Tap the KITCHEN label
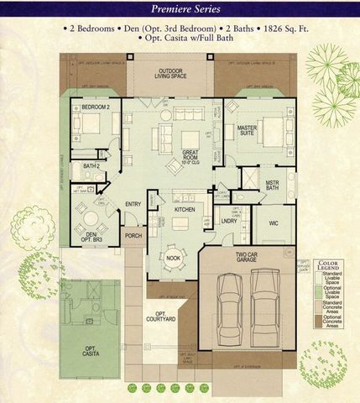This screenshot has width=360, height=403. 185,210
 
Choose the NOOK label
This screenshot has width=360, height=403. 174,258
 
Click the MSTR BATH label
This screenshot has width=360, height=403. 272,185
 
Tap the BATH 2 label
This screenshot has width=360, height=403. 91,166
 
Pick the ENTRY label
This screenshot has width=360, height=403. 133,204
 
